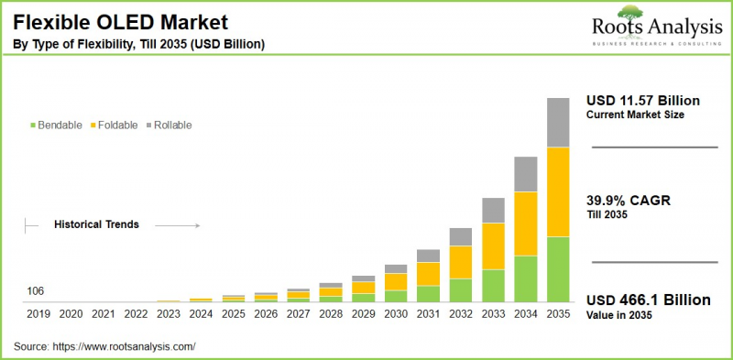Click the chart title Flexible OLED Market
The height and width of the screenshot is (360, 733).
[x=120, y=21]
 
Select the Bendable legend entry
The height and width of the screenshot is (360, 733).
[x=56, y=125]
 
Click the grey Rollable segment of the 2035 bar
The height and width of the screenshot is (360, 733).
[x=558, y=122]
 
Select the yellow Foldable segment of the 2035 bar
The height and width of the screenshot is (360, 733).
[x=558, y=191]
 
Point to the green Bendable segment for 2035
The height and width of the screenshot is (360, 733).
[x=558, y=269]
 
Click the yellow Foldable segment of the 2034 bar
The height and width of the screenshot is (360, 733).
[x=525, y=224]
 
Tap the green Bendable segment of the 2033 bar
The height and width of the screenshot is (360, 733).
[x=493, y=286]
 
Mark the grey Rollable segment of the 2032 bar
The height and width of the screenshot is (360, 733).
[x=461, y=236]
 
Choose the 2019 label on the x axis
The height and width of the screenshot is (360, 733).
[x=38, y=314]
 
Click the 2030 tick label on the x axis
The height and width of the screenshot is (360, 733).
[x=396, y=314]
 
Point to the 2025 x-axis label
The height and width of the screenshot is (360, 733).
[x=234, y=314]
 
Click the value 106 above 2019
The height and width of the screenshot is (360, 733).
[x=35, y=291]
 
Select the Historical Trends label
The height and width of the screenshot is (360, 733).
[x=96, y=224]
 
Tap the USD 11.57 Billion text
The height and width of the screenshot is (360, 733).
[x=643, y=99]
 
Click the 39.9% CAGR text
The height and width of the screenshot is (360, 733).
[x=632, y=201]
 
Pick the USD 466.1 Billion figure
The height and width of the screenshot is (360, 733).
[x=647, y=300]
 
